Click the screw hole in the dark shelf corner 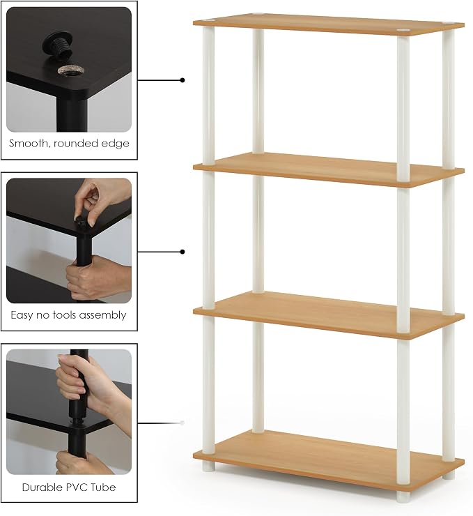[70, 70]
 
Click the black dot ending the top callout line [183, 80]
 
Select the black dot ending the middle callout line [183, 252]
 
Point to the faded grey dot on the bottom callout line [182, 423]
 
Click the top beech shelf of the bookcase [329, 24]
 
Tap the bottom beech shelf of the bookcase [329, 457]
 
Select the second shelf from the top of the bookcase [329, 169]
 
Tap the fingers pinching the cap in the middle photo [88, 204]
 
